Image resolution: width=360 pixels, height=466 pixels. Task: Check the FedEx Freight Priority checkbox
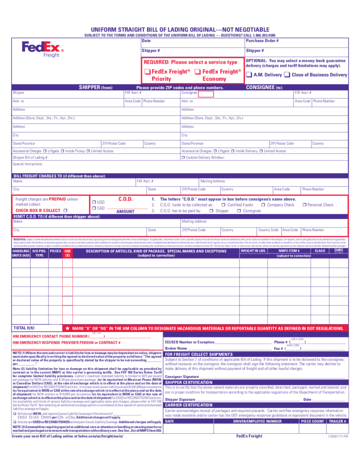point(147,72)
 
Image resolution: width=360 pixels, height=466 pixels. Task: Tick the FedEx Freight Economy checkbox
point(198,72)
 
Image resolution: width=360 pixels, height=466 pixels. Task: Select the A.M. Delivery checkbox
point(249,75)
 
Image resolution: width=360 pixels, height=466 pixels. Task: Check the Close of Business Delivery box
point(287,75)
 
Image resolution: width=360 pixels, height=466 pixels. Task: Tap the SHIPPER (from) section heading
point(96,87)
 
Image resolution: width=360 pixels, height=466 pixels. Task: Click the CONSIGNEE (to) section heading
point(264,87)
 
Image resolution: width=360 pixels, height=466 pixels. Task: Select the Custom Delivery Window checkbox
point(183,157)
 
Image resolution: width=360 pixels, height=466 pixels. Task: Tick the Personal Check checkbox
point(304,205)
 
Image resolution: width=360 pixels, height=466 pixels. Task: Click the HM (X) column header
point(68,253)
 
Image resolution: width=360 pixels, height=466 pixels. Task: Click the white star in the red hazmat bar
point(68,328)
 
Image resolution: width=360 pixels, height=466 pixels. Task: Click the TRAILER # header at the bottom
point(338,422)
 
